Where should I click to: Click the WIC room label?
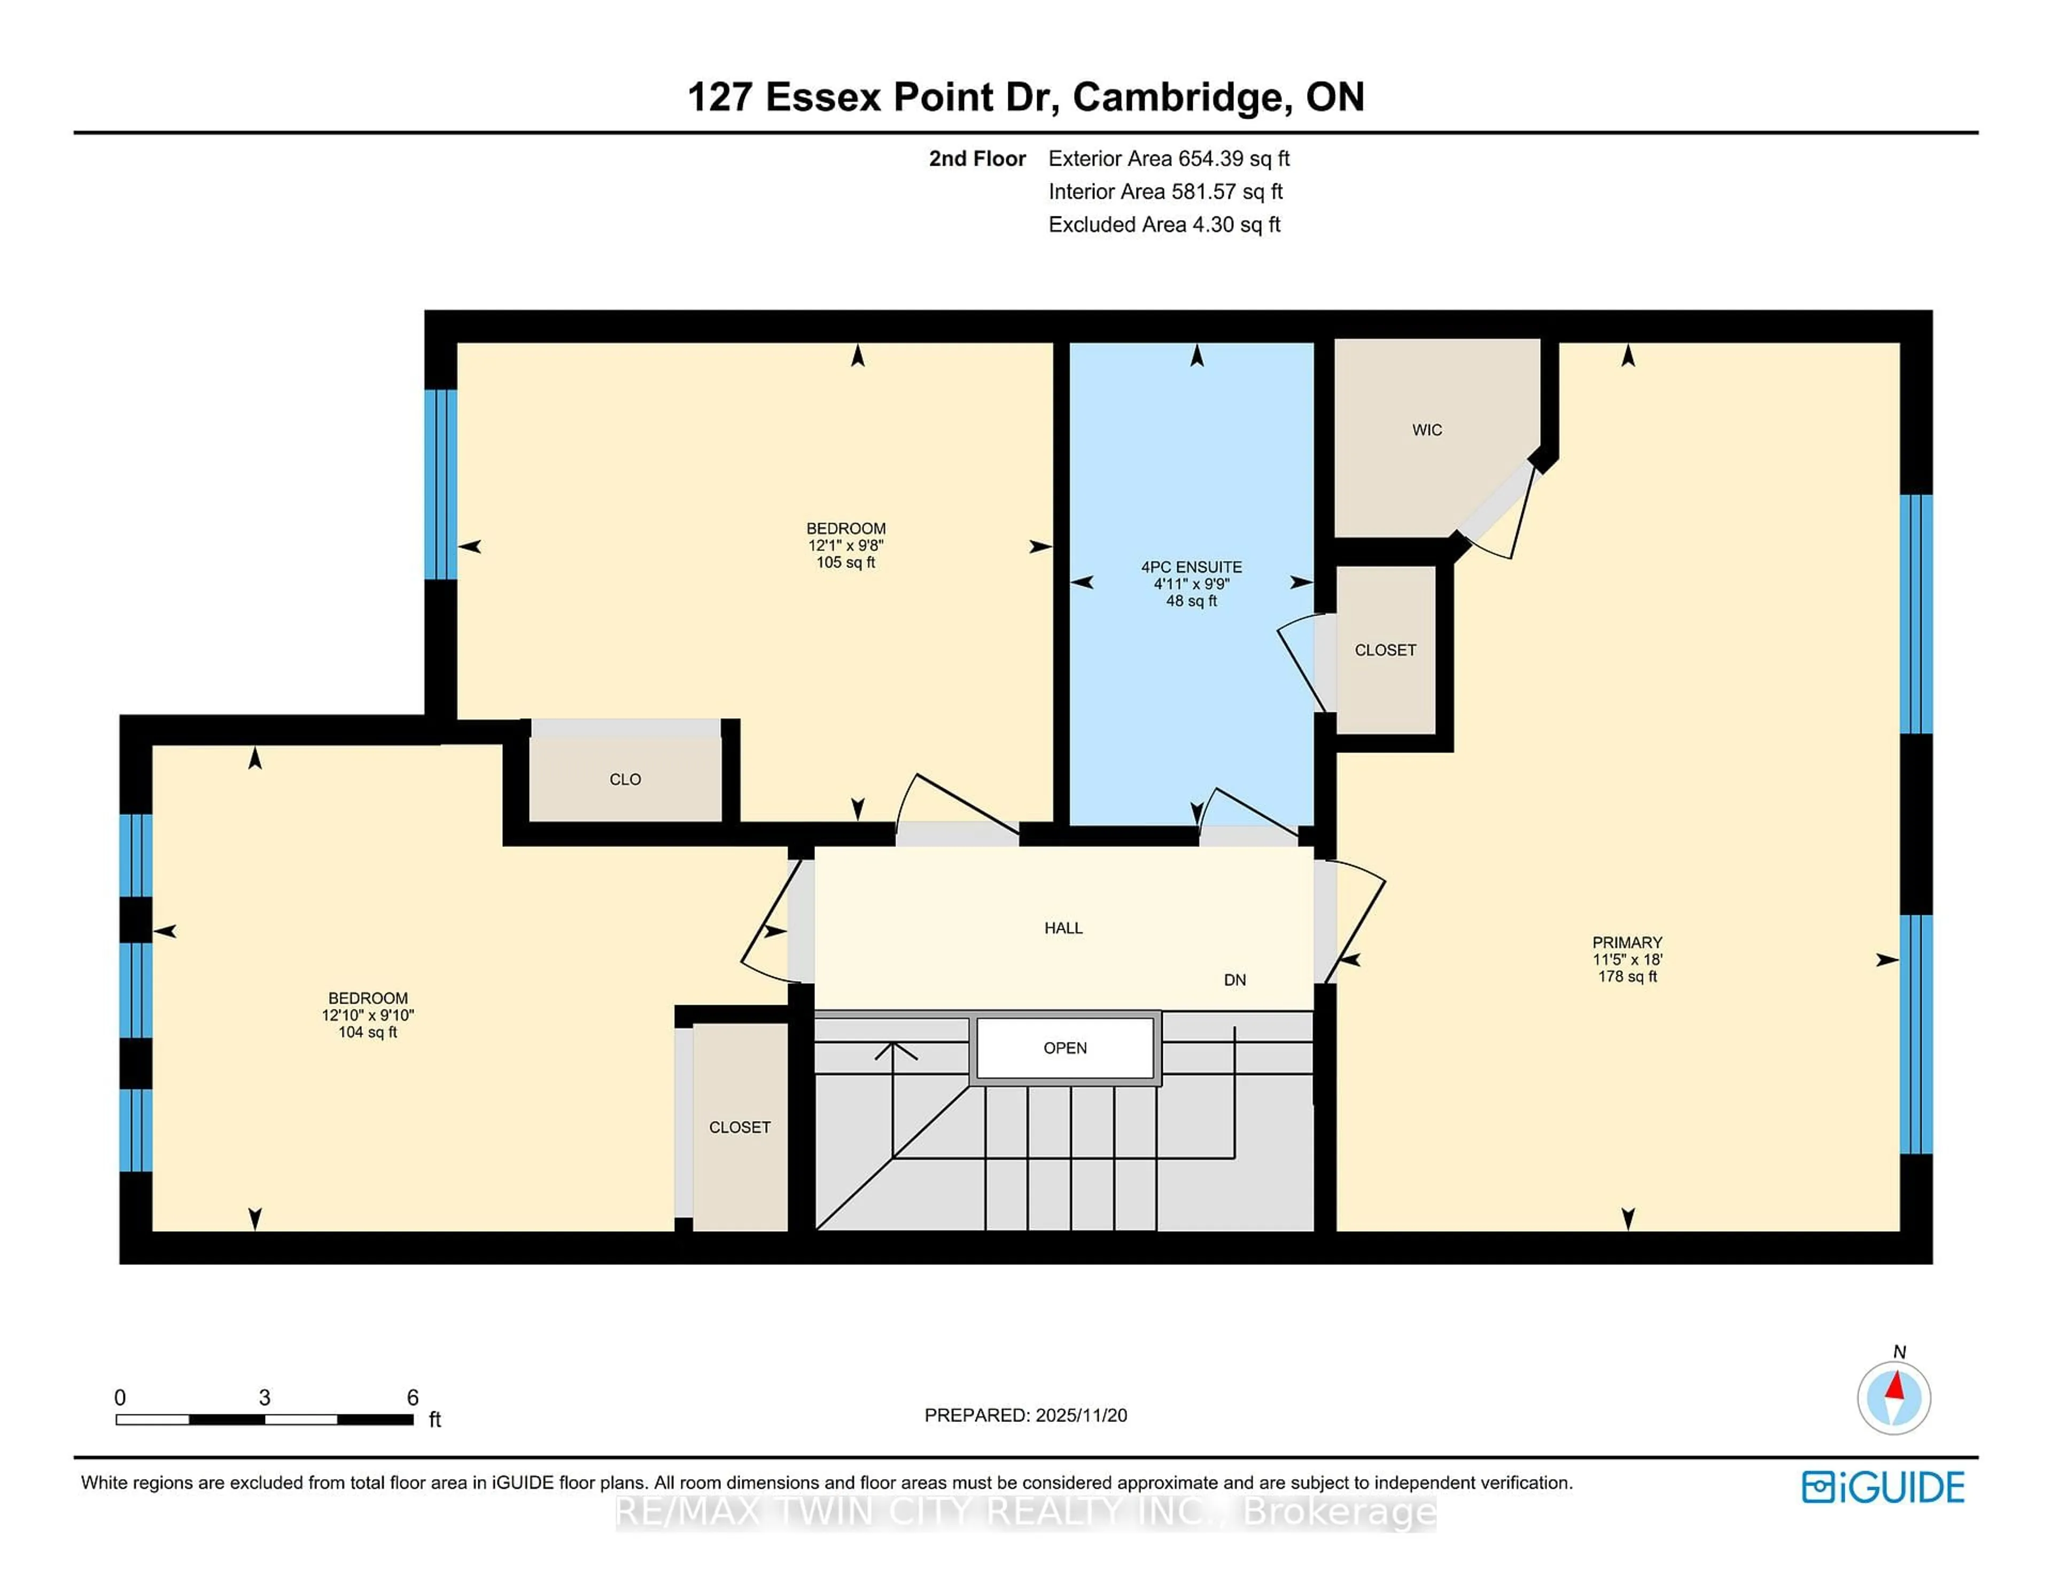[1426, 430]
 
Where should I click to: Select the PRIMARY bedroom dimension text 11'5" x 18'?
[1627, 959]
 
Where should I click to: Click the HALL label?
[1063, 928]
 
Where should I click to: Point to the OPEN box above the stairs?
[1064, 1047]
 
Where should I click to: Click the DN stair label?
[1234, 980]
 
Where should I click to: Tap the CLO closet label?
[625, 780]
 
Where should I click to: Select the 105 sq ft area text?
[845, 563]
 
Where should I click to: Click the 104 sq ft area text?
[367, 1032]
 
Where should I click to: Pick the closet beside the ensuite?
[1385, 650]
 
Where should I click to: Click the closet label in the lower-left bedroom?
[740, 1128]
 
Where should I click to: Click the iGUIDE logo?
[1882, 1487]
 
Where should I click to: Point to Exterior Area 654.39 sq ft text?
[1169, 159]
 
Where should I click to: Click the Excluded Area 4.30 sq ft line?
[1164, 224]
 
